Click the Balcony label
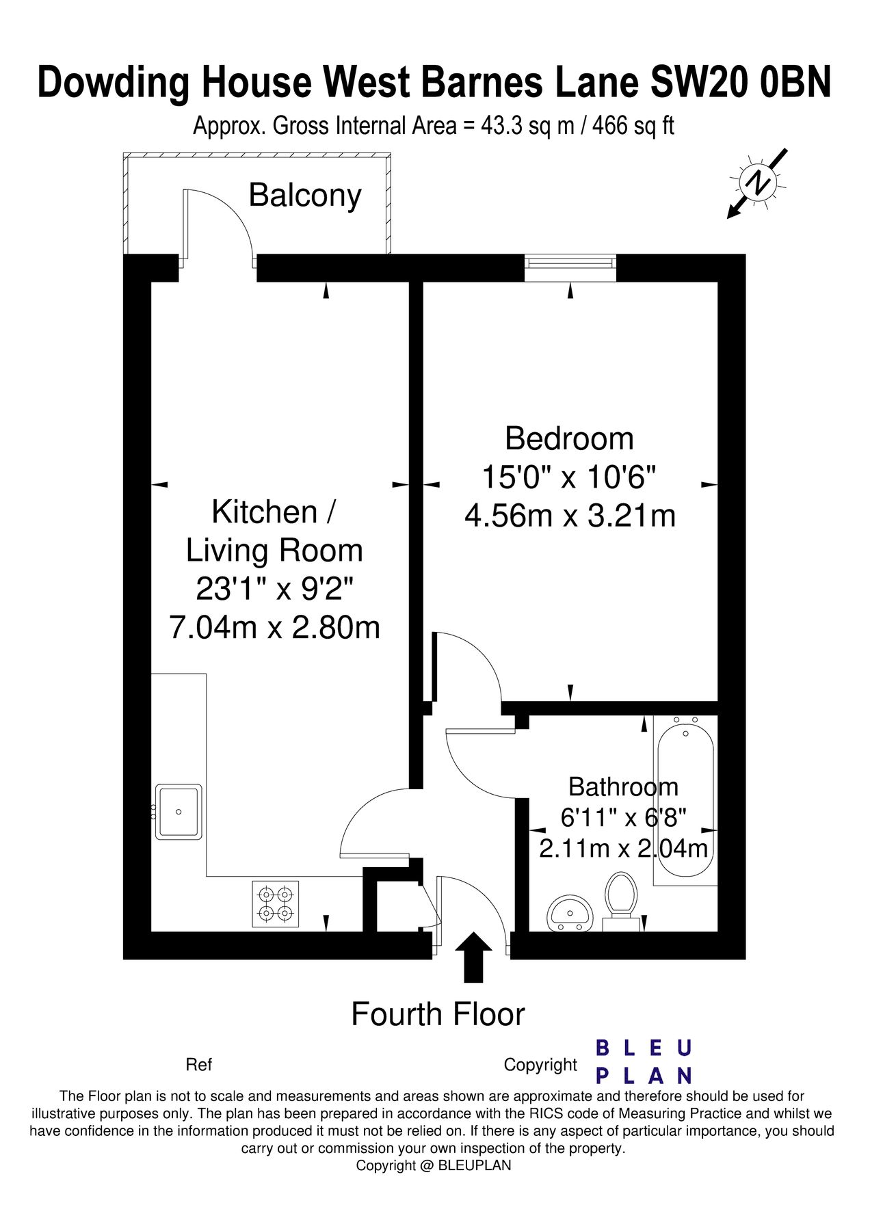(304, 196)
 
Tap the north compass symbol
(758, 183)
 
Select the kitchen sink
(179, 812)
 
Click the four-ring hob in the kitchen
(276, 903)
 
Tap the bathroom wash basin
(570, 912)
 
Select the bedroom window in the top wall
(570, 267)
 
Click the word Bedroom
(569, 439)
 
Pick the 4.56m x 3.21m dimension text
(570, 516)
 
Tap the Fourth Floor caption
(438, 1014)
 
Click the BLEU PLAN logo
(644, 1061)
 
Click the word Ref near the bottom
(198, 1065)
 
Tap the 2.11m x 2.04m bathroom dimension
(623, 849)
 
